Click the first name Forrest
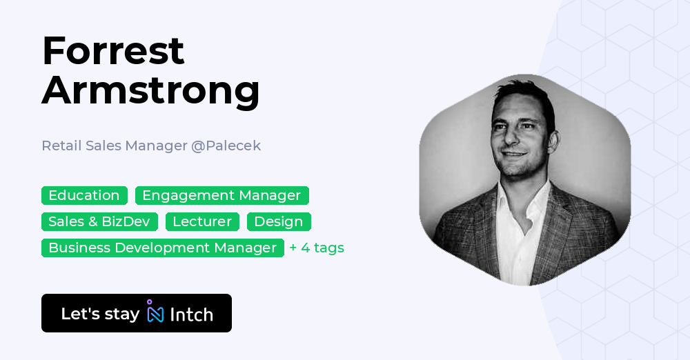pos(113,51)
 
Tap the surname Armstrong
pos(150,90)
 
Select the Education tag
pos(84,196)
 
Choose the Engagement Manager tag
pos(221,196)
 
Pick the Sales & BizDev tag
pos(99,222)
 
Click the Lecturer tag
pos(202,222)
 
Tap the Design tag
pos(279,222)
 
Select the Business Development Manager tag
pos(162,248)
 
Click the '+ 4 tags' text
pos(317,248)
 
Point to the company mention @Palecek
pos(226,146)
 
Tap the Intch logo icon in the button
pos(155,313)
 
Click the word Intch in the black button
pos(191,314)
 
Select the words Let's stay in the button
pos(100,314)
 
